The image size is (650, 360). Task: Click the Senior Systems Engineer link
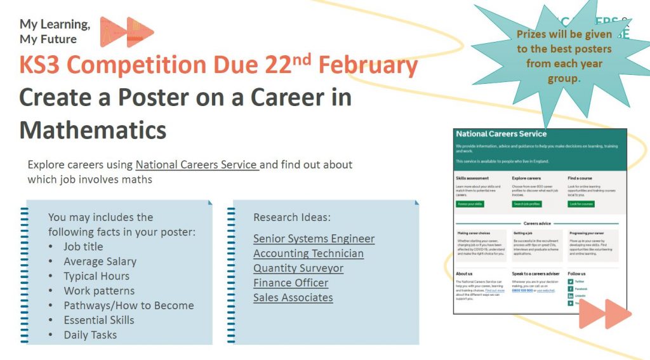(314, 239)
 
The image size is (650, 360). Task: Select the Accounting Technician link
(308, 253)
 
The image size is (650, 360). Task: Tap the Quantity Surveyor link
(298, 268)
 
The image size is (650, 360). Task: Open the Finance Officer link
(291, 283)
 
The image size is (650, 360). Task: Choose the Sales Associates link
(293, 297)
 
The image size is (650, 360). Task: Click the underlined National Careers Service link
(197, 165)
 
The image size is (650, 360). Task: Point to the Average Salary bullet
(100, 261)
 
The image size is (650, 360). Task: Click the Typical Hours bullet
(96, 276)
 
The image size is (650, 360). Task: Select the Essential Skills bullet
(99, 320)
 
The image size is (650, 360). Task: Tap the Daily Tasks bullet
(90, 335)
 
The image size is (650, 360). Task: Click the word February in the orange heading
(368, 65)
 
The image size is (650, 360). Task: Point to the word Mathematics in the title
(93, 130)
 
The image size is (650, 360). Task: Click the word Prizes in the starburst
(535, 34)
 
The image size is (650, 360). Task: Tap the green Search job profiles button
(526, 204)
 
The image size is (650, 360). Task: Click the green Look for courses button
(581, 204)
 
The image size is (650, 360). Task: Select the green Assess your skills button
(470, 204)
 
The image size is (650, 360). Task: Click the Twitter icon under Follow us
(571, 281)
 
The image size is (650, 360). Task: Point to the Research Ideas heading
(292, 217)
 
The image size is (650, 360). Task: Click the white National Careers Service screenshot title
(501, 134)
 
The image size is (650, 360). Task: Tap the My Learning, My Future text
(55, 32)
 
